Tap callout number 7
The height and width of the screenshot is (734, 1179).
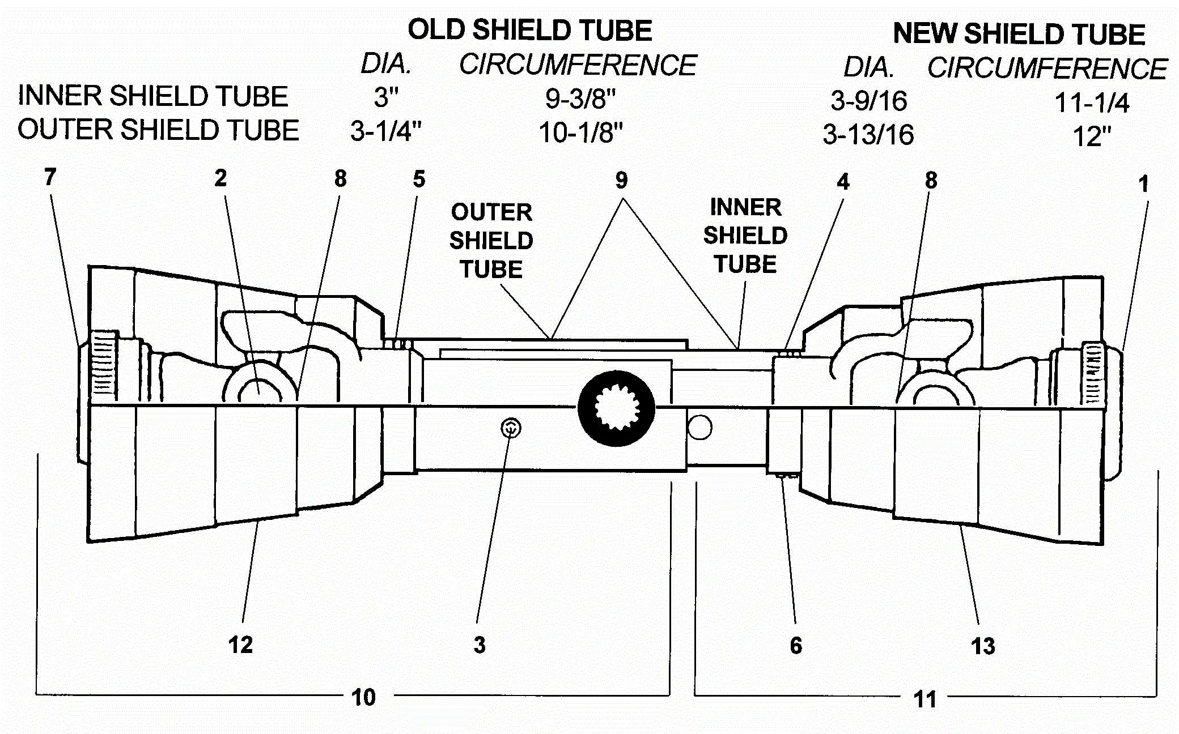click(x=50, y=177)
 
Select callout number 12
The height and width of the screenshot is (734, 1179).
click(x=240, y=645)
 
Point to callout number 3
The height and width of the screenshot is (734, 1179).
click(x=480, y=645)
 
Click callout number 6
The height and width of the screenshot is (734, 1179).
click(x=796, y=646)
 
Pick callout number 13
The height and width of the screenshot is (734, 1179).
click(x=983, y=646)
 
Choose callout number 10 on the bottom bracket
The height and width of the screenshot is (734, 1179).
click(x=363, y=697)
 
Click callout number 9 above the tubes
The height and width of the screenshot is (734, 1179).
click(x=621, y=181)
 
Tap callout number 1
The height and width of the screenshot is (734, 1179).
click(x=1144, y=183)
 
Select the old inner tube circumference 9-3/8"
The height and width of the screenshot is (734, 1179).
click(x=580, y=99)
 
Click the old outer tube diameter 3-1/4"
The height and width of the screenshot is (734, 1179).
click(x=386, y=132)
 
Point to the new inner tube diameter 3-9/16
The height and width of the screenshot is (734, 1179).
click(x=868, y=101)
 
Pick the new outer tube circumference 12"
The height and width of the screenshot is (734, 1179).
click(x=1092, y=136)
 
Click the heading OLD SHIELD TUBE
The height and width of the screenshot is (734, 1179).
click(x=530, y=30)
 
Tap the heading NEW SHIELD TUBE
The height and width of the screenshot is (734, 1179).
click(x=1019, y=34)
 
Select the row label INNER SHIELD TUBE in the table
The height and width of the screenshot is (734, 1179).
click(x=153, y=96)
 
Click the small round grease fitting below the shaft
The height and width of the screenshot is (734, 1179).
click(x=511, y=428)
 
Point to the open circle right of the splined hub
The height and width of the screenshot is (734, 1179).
click(x=699, y=428)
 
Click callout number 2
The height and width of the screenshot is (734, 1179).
click(x=220, y=178)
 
